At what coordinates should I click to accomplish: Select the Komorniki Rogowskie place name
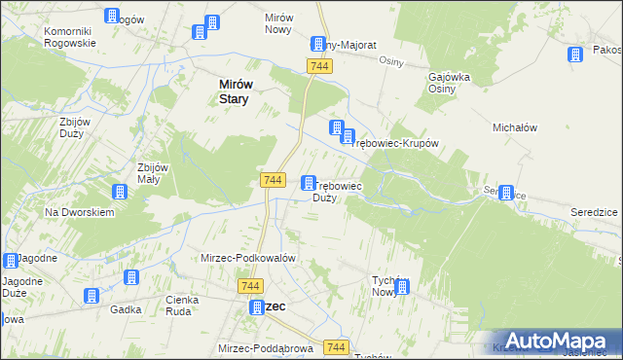point(70,37)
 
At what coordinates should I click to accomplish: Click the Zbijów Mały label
point(155,172)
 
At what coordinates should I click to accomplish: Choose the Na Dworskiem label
point(80,212)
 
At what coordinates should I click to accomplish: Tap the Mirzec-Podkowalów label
point(247,258)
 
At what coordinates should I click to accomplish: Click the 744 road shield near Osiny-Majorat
point(319,65)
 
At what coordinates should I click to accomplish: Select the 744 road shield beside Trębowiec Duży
point(274,180)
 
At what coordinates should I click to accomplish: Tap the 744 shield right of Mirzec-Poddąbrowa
point(337,347)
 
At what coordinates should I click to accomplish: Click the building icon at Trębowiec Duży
point(309,183)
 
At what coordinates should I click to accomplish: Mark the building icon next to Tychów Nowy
point(402,287)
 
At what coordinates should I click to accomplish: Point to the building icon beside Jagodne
point(11,261)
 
